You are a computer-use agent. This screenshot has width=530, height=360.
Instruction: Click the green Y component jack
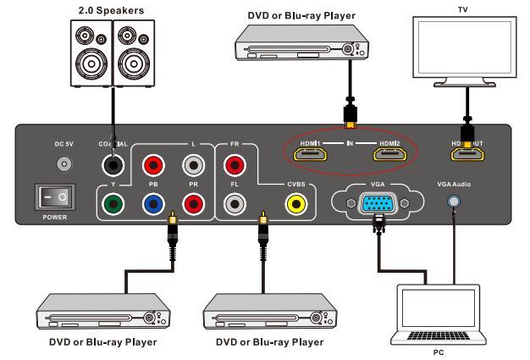(x=111, y=203)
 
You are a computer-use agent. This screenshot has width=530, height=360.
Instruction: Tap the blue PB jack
(x=152, y=203)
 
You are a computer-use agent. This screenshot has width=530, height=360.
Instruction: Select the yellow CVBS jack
(x=295, y=203)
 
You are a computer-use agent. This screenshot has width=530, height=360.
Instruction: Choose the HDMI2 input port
(x=390, y=154)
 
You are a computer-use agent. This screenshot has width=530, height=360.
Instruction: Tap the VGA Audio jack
(x=455, y=202)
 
